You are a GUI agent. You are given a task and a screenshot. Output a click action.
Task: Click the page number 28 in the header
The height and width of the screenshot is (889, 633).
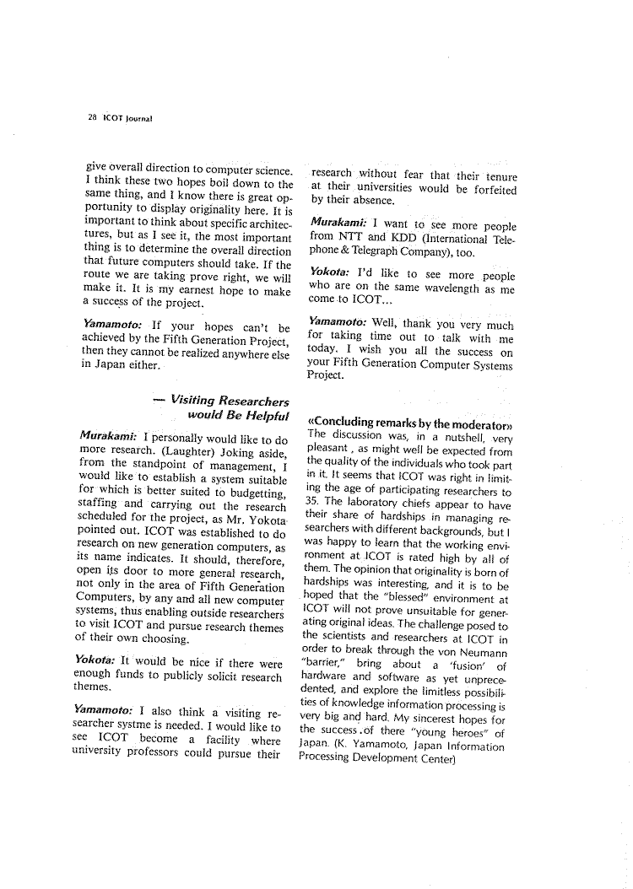click(x=89, y=117)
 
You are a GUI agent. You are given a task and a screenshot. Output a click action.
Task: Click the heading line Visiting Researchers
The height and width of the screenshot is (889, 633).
click(x=229, y=401)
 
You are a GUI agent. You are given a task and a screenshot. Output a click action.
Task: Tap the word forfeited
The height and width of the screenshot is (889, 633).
click(x=479, y=187)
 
